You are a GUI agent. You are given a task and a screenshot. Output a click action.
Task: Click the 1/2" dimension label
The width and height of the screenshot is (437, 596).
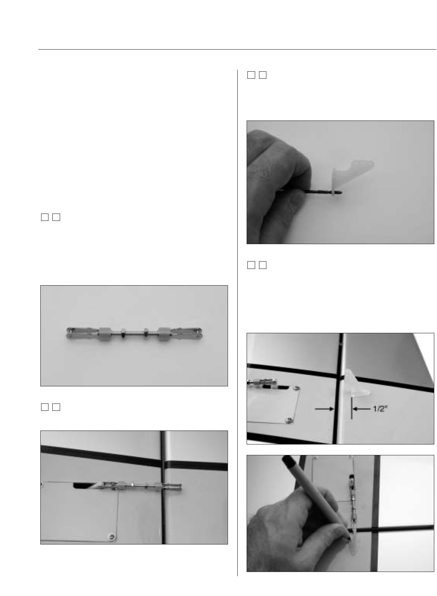380,409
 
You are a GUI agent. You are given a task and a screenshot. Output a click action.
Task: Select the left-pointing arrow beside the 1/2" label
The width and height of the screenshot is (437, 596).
361,409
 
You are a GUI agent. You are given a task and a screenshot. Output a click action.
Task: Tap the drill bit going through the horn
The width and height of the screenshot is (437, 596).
310,191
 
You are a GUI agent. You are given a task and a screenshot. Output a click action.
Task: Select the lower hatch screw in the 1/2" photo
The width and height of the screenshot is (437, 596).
288,420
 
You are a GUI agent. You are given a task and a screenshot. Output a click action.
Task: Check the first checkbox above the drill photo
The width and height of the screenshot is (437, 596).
251,75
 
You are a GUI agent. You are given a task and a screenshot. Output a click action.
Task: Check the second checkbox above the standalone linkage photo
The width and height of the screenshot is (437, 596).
56,217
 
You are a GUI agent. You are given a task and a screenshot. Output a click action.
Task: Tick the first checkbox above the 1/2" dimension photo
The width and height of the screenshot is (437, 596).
251,265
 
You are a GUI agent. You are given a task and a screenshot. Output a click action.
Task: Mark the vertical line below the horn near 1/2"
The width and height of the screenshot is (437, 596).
352,408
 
